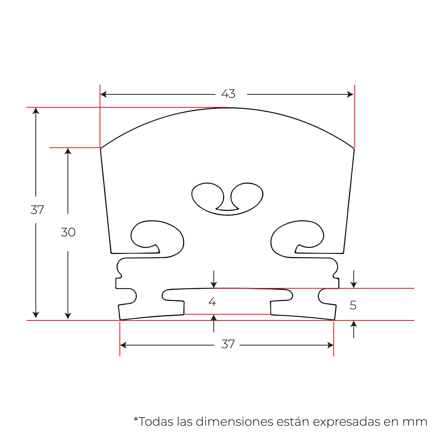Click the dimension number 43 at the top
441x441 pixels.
pos(228,94)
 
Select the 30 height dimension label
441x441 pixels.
pos(68,232)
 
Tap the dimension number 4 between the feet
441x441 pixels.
pos(212,302)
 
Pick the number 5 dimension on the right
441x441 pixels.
pos(353,305)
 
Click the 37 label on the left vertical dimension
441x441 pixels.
pos(37,209)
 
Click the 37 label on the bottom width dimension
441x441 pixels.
pos(228,344)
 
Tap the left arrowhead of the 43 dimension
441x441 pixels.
pos(103,94)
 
